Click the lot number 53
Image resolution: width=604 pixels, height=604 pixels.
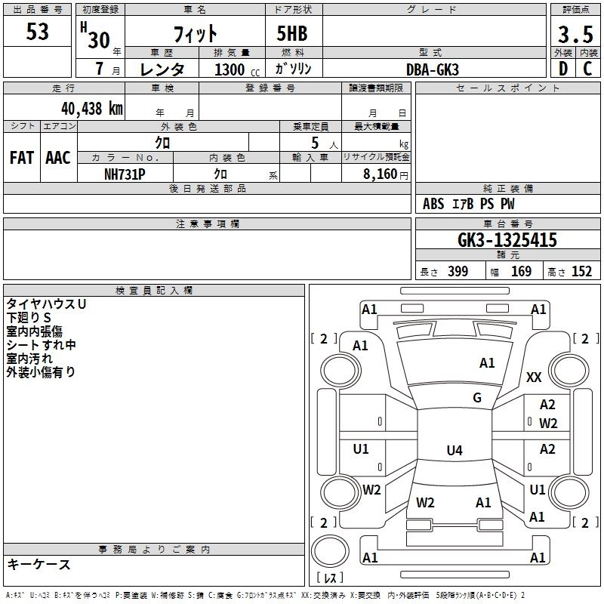tap(38, 32)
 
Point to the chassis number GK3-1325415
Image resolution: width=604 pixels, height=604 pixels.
tap(507, 241)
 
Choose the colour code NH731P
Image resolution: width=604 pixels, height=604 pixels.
tap(125, 173)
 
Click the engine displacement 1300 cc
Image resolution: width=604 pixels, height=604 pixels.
tap(235, 69)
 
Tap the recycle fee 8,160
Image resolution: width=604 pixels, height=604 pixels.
tap(376, 174)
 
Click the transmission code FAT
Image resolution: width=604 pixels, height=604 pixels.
tap(21, 158)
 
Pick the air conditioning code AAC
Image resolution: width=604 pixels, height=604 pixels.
tap(57, 158)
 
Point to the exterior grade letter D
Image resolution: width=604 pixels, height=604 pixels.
tap(562, 69)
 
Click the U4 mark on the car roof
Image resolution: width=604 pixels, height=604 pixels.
tap(454, 451)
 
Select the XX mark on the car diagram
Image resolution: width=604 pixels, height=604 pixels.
tap(534, 377)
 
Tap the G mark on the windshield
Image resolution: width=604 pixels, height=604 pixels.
tap(477, 398)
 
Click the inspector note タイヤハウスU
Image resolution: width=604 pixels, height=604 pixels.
tap(46, 304)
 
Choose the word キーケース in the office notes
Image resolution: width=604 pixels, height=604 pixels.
tap(39, 565)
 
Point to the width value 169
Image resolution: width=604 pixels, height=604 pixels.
tap(521, 272)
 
